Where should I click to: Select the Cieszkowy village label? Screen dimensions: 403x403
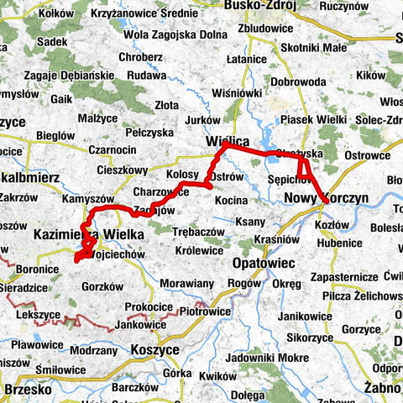[124, 169]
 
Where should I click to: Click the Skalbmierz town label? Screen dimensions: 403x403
[24, 178]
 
